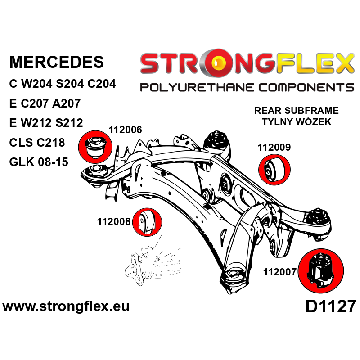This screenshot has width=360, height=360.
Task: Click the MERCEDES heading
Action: [56, 63]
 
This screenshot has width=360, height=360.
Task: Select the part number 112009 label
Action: [274, 147]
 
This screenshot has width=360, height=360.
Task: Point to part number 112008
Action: [113, 221]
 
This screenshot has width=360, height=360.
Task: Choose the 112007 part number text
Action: [279, 272]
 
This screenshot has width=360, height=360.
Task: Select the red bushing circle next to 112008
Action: [148, 222]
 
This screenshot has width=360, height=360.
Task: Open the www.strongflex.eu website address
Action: [66, 307]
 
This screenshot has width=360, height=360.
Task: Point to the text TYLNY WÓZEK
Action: [297, 121]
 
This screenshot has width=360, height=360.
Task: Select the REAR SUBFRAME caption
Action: [297, 111]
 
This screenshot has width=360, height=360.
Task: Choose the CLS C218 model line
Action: [37, 143]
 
